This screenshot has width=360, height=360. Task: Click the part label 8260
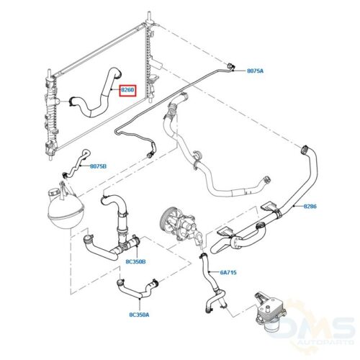(127, 91)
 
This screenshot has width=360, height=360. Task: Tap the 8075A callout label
(255, 71)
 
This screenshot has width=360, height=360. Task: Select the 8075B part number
(98, 166)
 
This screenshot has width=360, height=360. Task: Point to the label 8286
(310, 206)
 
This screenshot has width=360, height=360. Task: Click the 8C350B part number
(135, 261)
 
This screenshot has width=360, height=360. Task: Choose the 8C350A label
(139, 315)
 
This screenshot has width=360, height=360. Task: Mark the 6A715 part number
(228, 272)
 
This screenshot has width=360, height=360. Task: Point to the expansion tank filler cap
(53, 192)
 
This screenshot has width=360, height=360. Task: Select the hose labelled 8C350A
(138, 289)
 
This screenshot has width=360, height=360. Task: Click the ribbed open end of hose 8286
(305, 149)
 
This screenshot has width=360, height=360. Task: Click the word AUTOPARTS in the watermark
(325, 341)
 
